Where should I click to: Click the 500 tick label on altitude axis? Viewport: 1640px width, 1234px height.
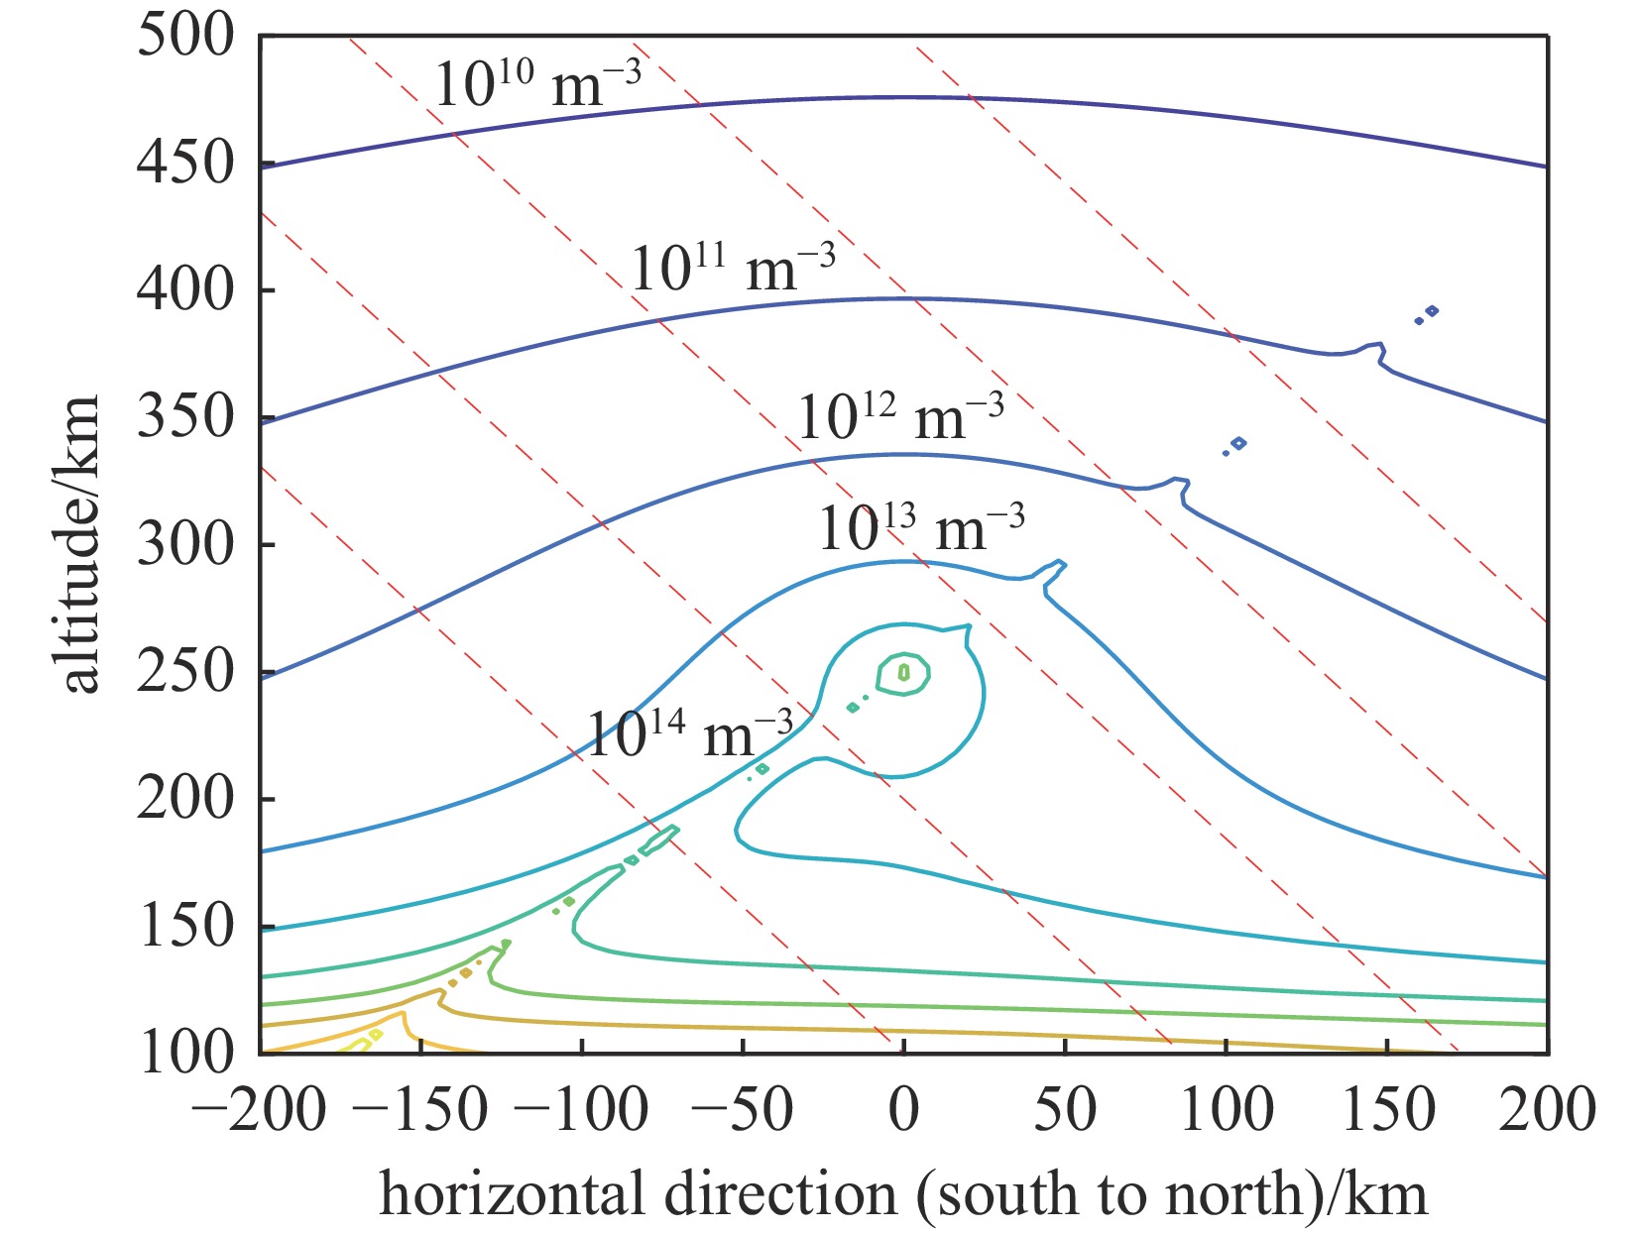coord(185,37)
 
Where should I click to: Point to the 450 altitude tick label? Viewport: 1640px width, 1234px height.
coord(185,164)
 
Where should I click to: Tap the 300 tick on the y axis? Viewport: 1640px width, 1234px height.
coord(185,545)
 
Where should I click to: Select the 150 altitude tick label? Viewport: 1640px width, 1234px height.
coord(185,927)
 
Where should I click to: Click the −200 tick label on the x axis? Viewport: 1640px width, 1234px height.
coord(259,1109)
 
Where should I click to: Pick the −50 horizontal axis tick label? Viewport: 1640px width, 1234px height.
coord(742,1109)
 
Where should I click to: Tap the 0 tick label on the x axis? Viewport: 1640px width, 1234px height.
coord(903,1109)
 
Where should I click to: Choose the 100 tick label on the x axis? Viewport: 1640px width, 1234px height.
coord(1226,1109)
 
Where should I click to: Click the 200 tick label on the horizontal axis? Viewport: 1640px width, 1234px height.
coord(1547,1109)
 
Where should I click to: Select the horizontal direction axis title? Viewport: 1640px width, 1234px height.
coord(903,1193)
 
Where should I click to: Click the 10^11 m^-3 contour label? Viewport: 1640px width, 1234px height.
coord(733,267)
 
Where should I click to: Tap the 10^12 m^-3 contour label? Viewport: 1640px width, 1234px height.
coord(900,416)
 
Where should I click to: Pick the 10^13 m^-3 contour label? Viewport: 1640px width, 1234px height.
coord(921,527)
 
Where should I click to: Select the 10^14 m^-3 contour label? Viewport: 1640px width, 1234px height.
coord(690,734)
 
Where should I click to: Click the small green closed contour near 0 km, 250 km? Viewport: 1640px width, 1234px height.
coord(903,673)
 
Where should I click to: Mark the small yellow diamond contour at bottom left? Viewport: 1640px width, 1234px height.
coord(375,1035)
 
